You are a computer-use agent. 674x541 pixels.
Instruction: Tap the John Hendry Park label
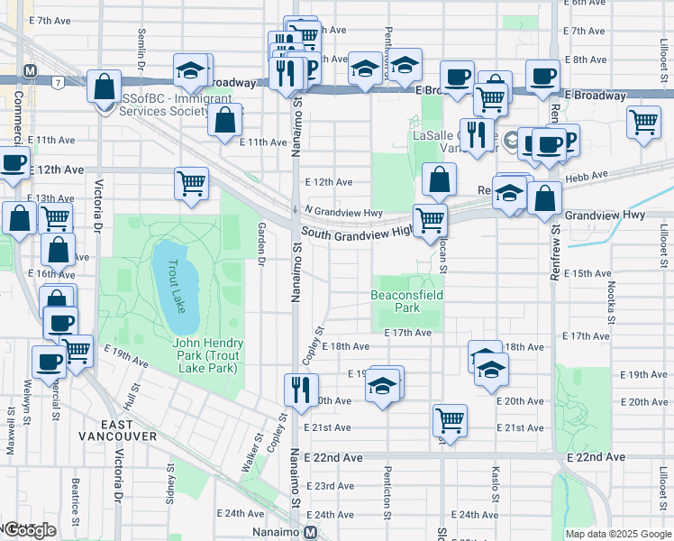tap(209, 356)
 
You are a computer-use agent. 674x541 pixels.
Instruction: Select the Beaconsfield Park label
tap(407, 301)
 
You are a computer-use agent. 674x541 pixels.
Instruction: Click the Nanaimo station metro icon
tap(311, 532)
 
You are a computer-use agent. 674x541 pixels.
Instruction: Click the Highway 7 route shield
tap(58, 82)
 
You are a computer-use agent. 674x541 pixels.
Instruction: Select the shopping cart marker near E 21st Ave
tap(449, 419)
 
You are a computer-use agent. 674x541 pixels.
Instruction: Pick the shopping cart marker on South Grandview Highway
tap(430, 219)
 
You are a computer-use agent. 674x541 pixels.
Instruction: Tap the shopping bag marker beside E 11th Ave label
tap(224, 119)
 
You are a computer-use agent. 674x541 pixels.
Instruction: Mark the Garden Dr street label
tap(261, 243)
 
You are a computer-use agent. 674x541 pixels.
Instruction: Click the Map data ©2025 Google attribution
tap(619, 534)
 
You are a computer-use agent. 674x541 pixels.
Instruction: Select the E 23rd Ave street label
tap(330, 486)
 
